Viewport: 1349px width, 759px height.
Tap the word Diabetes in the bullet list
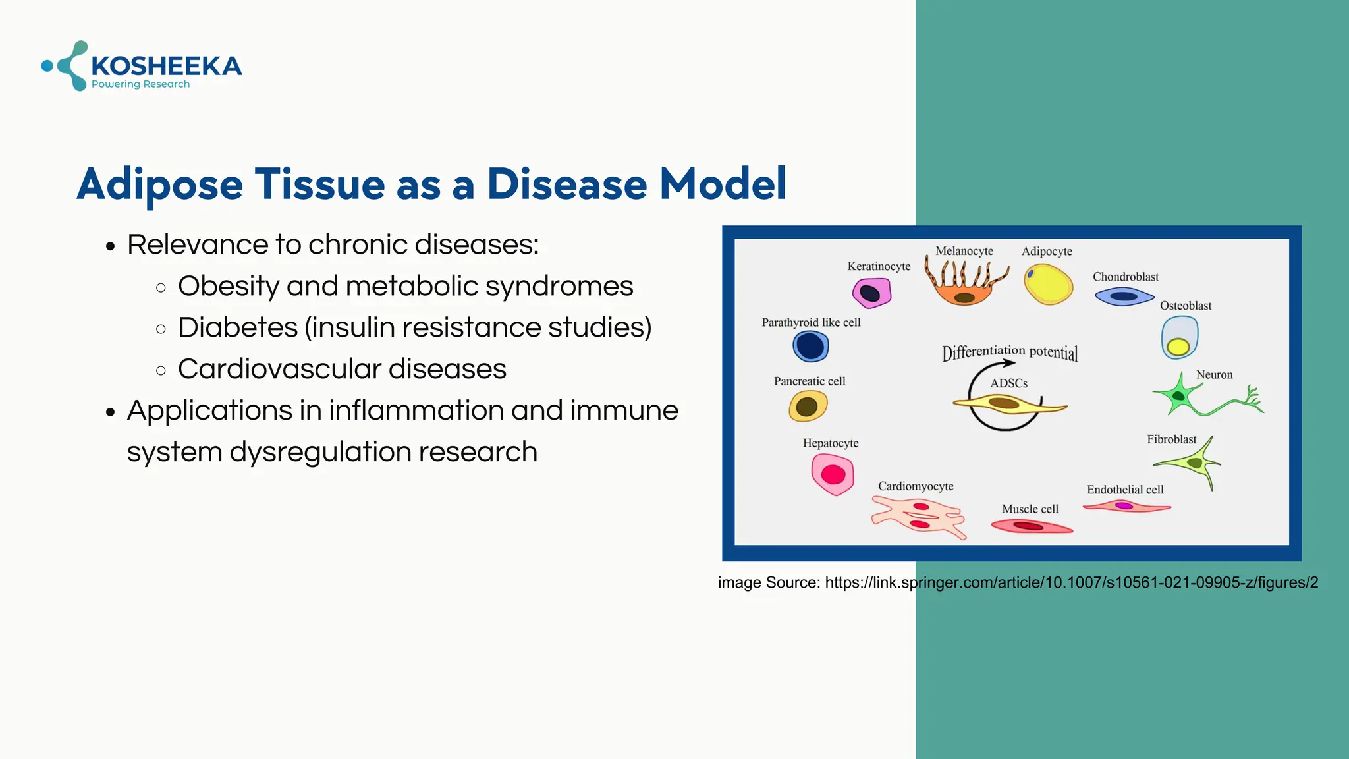[238, 327]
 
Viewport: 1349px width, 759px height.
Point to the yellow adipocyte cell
[1048, 284]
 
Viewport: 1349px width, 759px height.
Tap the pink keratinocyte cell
[871, 293]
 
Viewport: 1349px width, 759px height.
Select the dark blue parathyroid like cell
[810, 346]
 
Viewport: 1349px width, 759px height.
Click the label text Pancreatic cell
[809, 381]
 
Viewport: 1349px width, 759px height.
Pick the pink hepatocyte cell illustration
[833, 474]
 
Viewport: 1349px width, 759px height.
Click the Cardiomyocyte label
[916, 486]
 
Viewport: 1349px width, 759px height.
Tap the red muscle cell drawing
[1030, 526]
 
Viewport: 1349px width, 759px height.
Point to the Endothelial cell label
[1125, 490]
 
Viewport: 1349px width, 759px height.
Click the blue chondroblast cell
[1124, 296]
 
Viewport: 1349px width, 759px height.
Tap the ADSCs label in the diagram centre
[1008, 383]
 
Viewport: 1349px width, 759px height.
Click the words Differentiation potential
[1010, 352]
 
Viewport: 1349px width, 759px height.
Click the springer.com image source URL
[1071, 582]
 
